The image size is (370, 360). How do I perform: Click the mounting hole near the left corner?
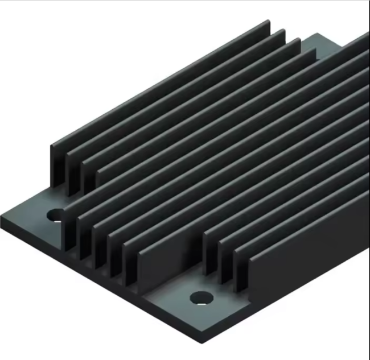click(x=55, y=215)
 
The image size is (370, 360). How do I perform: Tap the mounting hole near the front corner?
click(x=201, y=297)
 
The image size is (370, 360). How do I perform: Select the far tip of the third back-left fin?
click(x=299, y=41)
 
